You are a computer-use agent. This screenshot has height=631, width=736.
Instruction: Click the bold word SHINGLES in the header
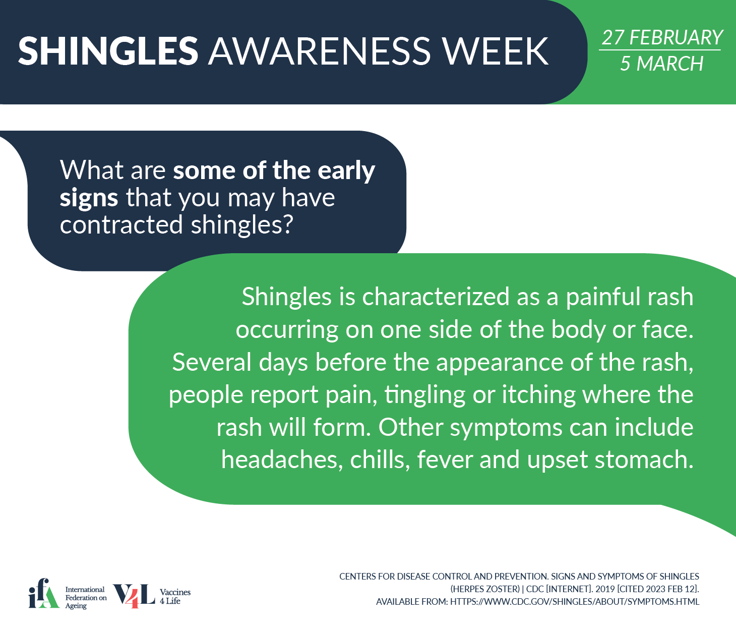(108, 50)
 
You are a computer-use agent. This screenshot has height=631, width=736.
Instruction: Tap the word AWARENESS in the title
(320, 50)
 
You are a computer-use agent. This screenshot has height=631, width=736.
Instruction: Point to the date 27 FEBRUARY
(662, 37)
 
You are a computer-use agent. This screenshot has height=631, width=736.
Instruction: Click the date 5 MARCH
(662, 64)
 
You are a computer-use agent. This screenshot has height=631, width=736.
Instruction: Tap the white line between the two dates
(660, 50)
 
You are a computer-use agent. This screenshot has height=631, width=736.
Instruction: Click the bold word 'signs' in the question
(89, 198)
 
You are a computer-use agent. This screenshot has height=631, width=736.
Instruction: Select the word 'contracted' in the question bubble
(121, 224)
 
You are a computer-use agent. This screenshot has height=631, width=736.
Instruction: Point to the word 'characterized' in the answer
(436, 297)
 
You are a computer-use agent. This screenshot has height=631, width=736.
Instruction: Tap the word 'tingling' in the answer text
(425, 395)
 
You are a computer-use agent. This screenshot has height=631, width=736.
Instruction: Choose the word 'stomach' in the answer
(644, 460)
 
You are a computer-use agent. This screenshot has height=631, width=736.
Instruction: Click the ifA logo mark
(44, 593)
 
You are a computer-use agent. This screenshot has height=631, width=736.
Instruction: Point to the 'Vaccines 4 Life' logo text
(175, 597)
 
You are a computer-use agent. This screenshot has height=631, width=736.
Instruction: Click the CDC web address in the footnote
(575, 602)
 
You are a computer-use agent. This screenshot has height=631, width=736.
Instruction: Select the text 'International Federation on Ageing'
(86, 598)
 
